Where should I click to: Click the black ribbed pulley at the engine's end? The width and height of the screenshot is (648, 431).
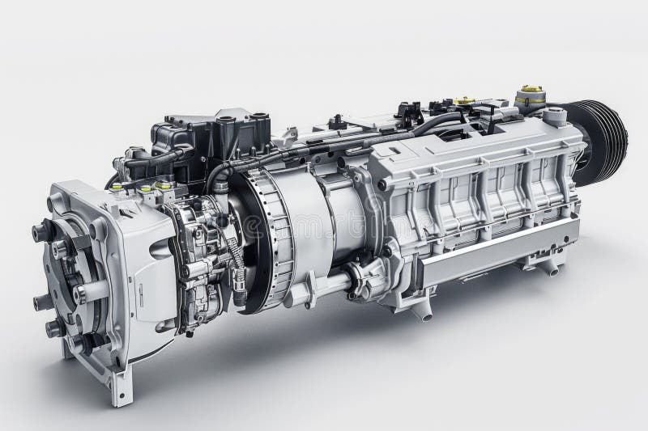603,142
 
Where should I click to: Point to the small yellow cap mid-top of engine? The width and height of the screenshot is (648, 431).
464,101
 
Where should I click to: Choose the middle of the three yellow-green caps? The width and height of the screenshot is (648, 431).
145,188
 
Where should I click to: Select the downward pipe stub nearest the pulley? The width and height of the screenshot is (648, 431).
550,266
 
